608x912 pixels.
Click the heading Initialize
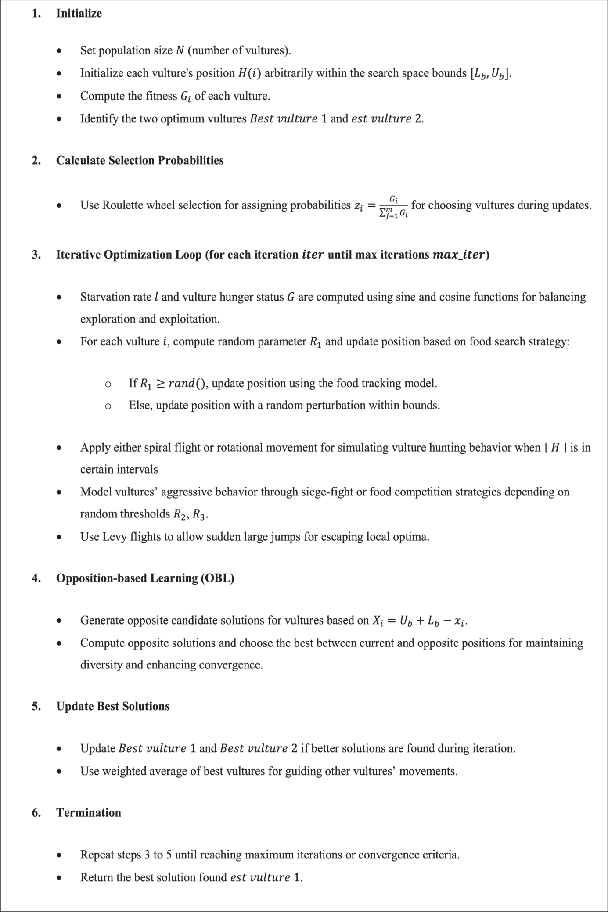point(79,13)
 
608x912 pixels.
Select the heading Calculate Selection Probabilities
point(140,160)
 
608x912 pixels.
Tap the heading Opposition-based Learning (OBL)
point(145,578)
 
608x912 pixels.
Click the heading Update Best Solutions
point(112,706)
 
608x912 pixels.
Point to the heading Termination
point(88,812)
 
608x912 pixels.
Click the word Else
point(139,405)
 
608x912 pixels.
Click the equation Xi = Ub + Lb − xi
point(419,621)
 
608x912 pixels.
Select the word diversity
point(101,664)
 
